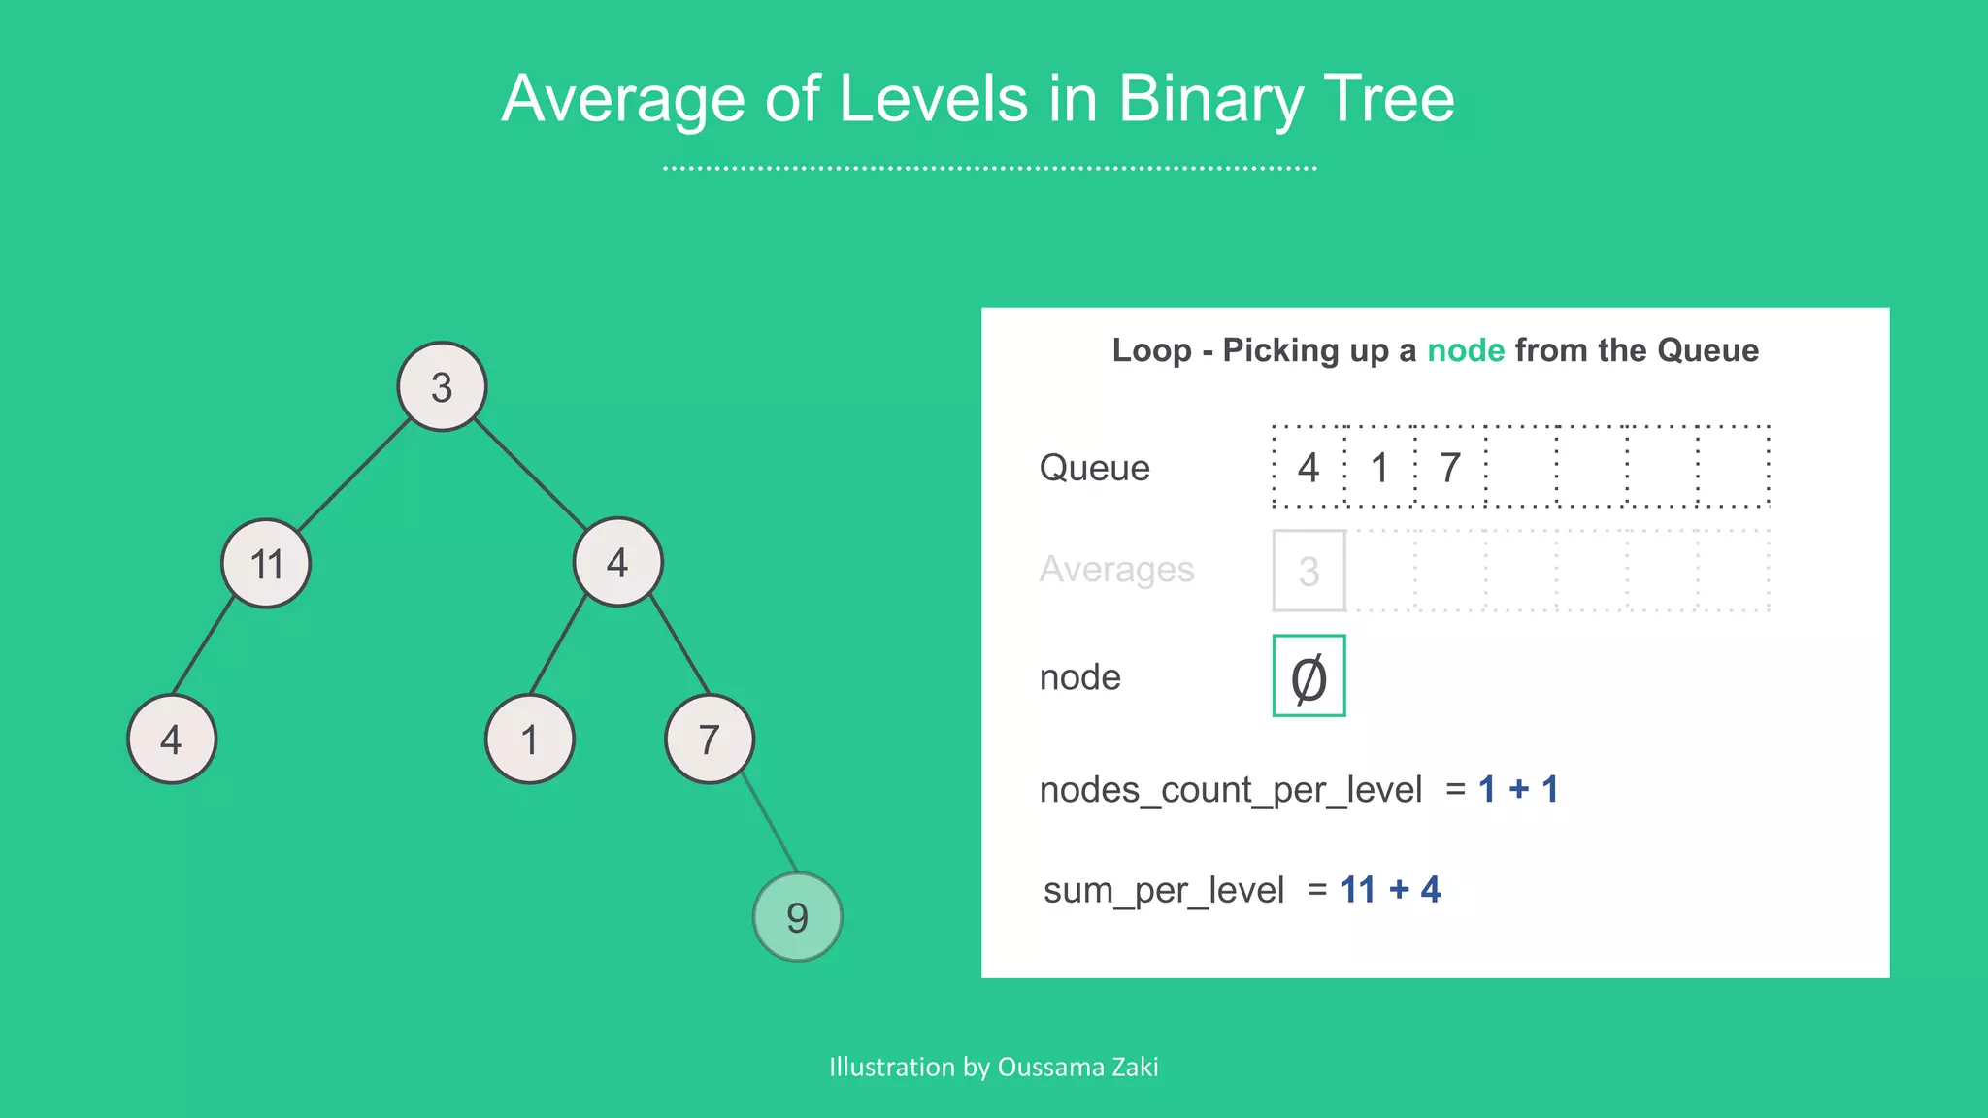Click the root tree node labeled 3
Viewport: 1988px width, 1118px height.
[442, 386]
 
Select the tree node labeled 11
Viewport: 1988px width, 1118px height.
[266, 563]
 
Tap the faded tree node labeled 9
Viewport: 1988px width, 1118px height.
[797, 916]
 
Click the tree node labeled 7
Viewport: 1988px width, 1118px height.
[710, 740]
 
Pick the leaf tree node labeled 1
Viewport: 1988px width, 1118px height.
[529, 740]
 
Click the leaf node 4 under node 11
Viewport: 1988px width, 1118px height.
[172, 740]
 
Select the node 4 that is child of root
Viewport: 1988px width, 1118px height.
[617, 562]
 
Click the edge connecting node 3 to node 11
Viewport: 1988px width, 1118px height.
[354, 475]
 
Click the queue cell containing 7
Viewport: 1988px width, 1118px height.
[1450, 467]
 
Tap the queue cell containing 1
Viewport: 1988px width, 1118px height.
[1379, 467]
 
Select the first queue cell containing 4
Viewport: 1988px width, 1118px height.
[1309, 467]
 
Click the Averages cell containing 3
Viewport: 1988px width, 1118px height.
[1309, 571]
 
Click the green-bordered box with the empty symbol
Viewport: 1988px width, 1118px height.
[1309, 676]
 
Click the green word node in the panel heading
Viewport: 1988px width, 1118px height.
[1465, 350]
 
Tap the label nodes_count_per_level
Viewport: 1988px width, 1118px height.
[1230, 789]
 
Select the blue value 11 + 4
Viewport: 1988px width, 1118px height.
[1389, 889]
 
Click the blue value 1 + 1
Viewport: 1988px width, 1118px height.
[1517, 789]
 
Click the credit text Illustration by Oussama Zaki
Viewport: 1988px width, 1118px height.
[993, 1067]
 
